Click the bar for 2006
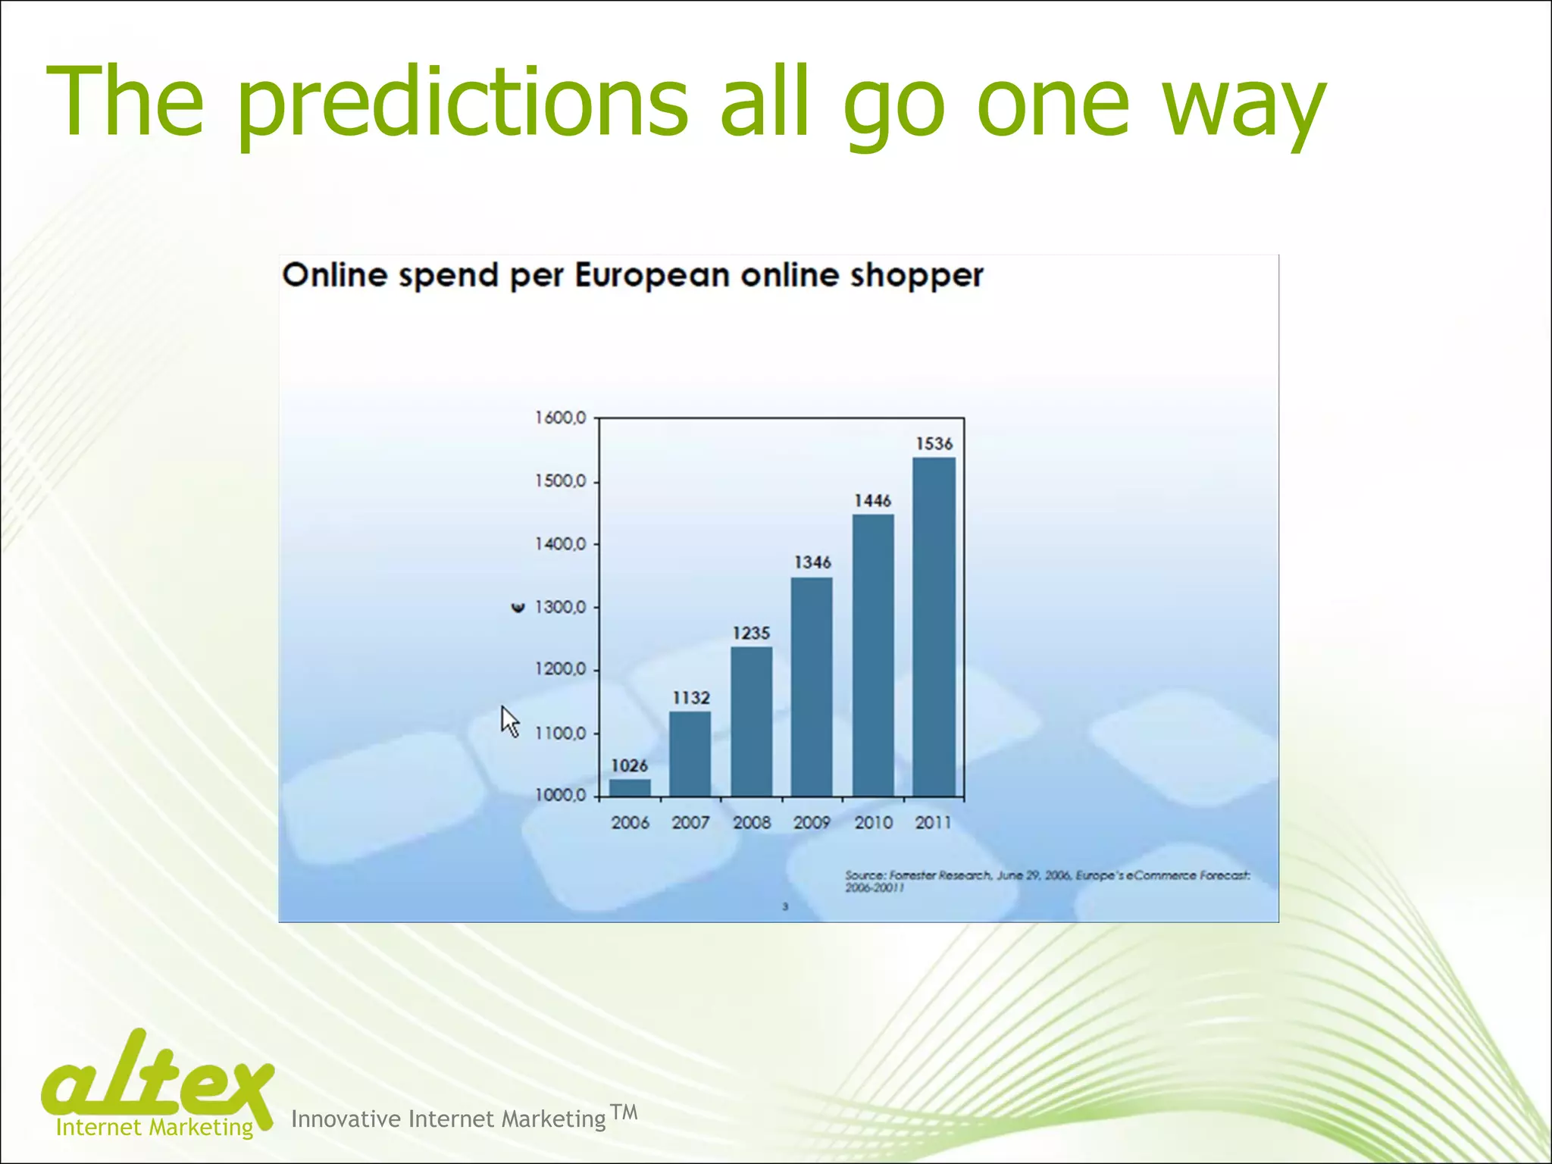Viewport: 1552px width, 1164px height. point(630,787)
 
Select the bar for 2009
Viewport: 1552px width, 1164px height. point(812,687)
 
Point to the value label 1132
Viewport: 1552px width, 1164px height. point(691,698)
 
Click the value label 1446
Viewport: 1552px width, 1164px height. point(872,501)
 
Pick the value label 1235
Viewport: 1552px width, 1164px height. point(751,633)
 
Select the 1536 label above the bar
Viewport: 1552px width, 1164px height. point(934,444)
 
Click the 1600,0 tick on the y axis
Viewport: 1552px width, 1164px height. point(561,418)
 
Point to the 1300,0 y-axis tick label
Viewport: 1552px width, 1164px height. point(561,607)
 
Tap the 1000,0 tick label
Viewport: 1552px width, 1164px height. point(561,796)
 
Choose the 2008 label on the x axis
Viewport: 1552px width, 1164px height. point(751,823)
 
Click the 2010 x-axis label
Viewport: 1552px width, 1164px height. point(873,823)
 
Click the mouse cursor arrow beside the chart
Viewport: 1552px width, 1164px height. point(509,720)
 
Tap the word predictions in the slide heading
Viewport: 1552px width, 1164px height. point(462,102)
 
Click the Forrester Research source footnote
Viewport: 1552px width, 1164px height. point(1047,881)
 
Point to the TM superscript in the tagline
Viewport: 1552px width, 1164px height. point(624,1112)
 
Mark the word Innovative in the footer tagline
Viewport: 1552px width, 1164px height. point(346,1119)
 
